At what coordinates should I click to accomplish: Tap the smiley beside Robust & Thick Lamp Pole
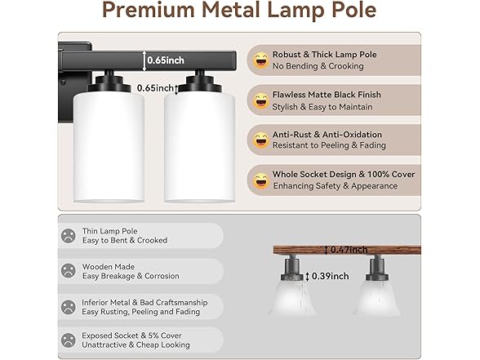pos(261,60)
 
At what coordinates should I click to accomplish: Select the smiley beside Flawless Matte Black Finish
pos(261,100)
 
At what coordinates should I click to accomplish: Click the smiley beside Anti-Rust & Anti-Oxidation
pos(261,140)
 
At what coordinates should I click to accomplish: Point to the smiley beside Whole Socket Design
pos(261,180)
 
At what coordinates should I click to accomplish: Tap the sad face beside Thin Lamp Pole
pos(69,235)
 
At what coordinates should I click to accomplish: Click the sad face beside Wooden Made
pos(69,270)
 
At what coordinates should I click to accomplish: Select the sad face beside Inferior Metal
pos(69,306)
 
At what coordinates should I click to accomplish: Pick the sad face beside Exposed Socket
pos(69,339)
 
